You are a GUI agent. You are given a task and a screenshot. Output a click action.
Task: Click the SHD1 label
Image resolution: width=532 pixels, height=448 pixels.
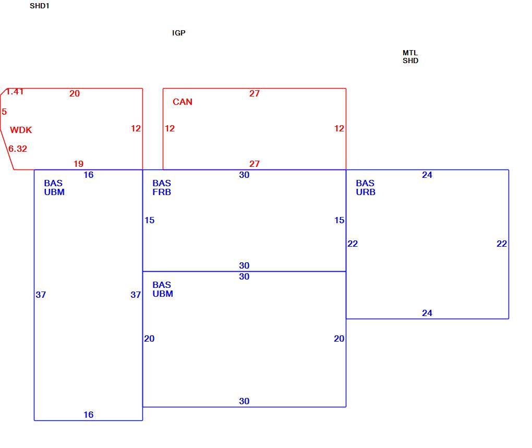[x=39, y=6]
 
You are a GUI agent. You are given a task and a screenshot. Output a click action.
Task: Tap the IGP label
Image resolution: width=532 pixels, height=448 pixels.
[x=179, y=33]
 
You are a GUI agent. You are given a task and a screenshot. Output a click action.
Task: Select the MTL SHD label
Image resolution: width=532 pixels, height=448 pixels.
[x=410, y=57]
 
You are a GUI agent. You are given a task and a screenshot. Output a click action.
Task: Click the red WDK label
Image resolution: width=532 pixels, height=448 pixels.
[x=21, y=130]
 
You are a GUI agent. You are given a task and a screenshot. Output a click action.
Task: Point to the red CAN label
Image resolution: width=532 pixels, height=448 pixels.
[x=183, y=102]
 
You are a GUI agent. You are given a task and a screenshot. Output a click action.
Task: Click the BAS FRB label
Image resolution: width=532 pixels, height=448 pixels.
[x=162, y=188]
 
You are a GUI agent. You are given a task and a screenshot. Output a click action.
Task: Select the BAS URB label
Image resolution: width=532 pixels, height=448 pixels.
[x=366, y=188]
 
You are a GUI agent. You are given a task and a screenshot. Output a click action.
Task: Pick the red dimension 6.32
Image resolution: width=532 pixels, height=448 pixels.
[x=18, y=149]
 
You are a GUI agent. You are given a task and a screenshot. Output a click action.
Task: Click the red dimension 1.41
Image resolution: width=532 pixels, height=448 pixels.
[x=15, y=92]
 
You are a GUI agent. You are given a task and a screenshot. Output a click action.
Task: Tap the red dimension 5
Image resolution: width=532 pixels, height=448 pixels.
[x=4, y=112]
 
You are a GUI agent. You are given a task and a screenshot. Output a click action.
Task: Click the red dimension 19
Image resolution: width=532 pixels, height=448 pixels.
[x=79, y=164]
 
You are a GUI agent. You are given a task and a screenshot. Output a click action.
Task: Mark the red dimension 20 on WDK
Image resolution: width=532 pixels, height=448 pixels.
[x=75, y=93]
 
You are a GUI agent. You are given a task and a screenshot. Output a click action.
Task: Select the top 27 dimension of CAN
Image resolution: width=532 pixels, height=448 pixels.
[x=255, y=93]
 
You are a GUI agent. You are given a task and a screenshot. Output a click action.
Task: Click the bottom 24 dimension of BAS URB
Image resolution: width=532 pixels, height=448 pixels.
[x=427, y=313]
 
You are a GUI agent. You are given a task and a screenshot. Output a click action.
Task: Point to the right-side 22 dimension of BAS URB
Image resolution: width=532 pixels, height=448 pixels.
[x=502, y=244]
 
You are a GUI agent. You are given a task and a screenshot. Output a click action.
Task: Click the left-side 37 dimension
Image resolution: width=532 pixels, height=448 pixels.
[x=41, y=295]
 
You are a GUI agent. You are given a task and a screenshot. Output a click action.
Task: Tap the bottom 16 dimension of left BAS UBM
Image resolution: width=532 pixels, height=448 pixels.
[x=89, y=415]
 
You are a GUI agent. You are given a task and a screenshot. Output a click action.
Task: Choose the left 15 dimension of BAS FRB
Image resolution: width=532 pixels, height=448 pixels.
[x=150, y=221]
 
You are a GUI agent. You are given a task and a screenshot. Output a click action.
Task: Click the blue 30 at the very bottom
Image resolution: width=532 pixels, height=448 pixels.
[x=244, y=401]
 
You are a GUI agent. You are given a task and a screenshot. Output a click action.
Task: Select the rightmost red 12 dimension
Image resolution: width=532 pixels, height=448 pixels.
[x=340, y=128]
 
